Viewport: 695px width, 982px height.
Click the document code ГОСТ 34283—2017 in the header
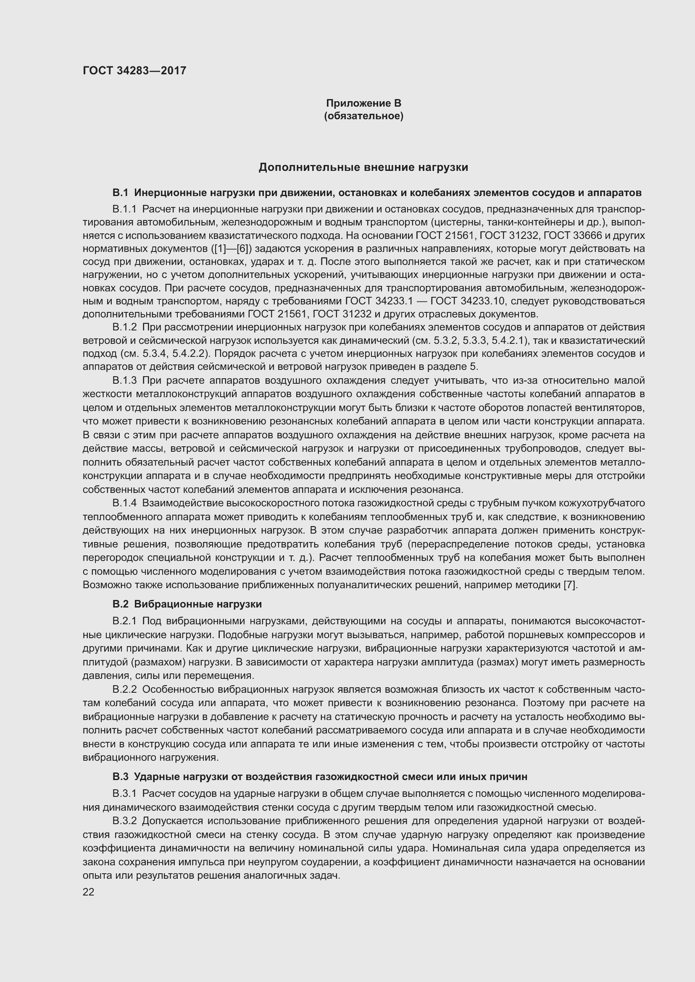point(134,71)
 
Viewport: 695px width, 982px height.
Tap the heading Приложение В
point(363,103)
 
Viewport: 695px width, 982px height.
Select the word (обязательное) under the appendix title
point(363,116)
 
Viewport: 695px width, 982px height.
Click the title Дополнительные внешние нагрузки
point(363,168)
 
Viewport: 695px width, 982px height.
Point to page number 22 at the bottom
point(89,892)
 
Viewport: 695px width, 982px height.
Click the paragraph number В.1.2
point(124,327)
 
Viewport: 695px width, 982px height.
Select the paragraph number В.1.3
point(124,380)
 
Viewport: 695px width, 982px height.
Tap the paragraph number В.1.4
point(124,503)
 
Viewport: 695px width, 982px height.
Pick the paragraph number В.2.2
point(124,689)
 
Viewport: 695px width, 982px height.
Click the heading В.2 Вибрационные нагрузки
point(187,604)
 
